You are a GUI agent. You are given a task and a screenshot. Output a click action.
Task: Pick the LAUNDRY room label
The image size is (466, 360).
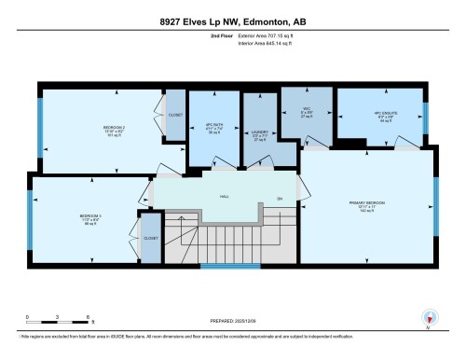pos(260,133)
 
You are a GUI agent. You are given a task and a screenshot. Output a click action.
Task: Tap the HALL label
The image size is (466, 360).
pos(225,196)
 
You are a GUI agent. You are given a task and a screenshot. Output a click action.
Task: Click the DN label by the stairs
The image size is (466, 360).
pos(281,198)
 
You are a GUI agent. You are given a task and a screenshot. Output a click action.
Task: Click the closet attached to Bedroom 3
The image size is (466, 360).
pos(151,238)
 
